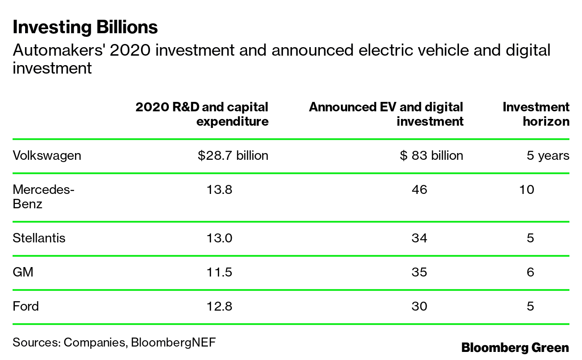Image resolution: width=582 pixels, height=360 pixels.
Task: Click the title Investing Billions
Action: point(85,27)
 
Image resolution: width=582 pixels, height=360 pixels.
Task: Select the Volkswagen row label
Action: point(47,156)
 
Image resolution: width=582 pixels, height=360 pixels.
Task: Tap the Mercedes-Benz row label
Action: point(43,197)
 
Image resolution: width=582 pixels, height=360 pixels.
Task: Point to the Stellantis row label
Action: point(39,238)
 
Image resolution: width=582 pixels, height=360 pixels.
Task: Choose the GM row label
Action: point(23,272)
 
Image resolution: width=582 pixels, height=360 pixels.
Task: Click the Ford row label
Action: point(26,306)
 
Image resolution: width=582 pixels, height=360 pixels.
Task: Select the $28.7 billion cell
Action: point(233,156)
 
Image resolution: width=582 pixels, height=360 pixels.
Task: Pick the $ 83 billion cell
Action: point(431,156)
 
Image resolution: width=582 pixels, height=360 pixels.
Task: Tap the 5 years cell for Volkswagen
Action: point(548,156)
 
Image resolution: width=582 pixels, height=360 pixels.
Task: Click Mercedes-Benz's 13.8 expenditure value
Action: point(219,190)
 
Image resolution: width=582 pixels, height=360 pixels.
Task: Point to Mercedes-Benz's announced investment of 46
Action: point(419,190)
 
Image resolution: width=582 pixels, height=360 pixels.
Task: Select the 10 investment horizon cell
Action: point(526,190)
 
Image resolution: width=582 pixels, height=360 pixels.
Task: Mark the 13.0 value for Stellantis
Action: point(219,238)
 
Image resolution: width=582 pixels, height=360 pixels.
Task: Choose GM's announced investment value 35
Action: point(419,272)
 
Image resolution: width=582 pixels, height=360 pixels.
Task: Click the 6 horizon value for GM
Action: point(530,272)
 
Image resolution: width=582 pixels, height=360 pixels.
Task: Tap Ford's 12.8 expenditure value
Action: point(219,306)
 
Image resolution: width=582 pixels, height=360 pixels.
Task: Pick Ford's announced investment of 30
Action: point(419,306)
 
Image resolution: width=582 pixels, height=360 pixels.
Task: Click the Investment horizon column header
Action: point(536,114)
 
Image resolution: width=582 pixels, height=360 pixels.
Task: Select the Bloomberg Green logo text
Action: point(515,347)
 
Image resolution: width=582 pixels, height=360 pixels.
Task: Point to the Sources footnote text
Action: point(114,342)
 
